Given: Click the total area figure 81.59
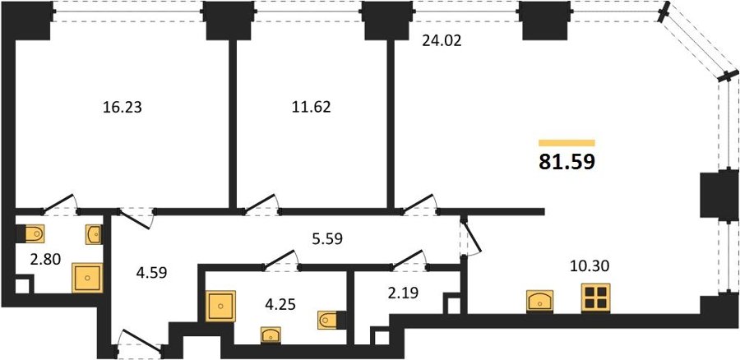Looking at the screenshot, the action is (x=567, y=161).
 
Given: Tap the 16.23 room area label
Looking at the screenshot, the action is (x=123, y=108).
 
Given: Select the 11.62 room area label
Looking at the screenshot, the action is (x=311, y=107).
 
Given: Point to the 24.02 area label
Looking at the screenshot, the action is (x=441, y=41).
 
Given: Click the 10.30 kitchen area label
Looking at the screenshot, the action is (x=590, y=266).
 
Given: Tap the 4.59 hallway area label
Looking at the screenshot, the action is (x=150, y=273).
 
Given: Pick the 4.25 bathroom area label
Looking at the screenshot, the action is (x=280, y=304).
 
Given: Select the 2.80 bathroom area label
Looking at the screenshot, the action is (x=45, y=259).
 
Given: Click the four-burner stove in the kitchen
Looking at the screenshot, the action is (x=595, y=298).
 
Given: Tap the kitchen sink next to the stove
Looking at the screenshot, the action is (x=540, y=301).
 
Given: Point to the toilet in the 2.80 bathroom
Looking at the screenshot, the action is (x=30, y=233).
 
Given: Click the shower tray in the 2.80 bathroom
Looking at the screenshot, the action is (x=87, y=278).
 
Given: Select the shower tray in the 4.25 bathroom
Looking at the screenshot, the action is (x=220, y=307).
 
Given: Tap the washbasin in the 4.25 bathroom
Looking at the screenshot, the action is (x=271, y=335).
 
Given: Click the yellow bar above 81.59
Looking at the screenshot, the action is (x=567, y=143).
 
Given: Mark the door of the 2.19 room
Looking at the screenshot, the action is (x=409, y=260).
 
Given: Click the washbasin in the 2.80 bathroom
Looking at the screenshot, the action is (x=95, y=234).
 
